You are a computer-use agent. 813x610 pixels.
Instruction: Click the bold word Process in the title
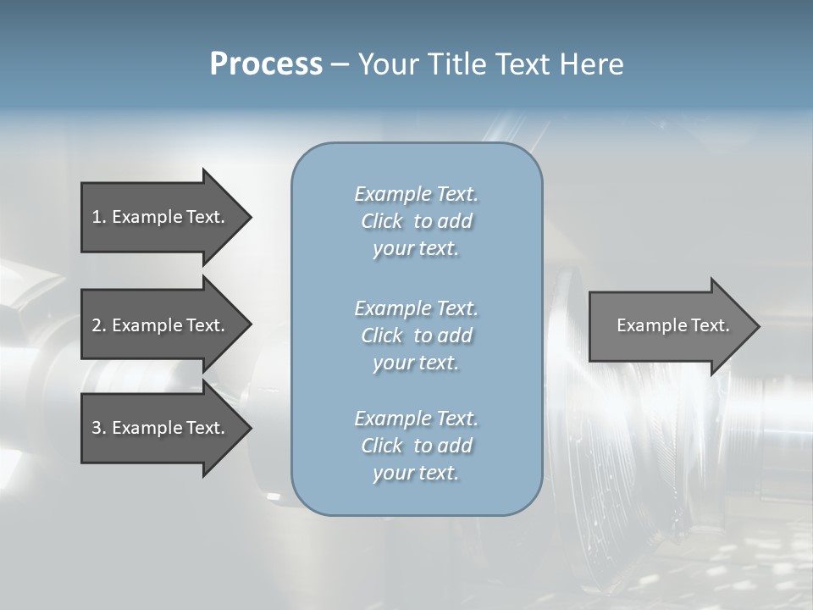pos(266,64)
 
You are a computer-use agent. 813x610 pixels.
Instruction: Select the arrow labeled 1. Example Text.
pos(161,217)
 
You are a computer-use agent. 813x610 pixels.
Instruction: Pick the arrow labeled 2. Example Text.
pos(161,325)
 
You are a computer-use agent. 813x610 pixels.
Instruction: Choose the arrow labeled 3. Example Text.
pos(161,428)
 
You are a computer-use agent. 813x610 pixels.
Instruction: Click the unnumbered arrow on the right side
pos(669,326)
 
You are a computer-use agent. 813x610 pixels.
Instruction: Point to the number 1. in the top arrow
pos(99,217)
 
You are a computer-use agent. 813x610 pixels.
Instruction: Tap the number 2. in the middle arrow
pos(99,325)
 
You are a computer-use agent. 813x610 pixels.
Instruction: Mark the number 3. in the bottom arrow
pos(99,428)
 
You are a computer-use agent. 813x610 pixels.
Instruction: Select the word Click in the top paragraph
pos(382,221)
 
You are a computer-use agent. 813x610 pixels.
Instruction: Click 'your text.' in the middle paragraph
pos(416,363)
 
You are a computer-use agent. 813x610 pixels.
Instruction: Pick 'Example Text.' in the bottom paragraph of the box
pos(416,419)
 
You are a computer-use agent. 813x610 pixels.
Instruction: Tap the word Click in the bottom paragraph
pos(382,446)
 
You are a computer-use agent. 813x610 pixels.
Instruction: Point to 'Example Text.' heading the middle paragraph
pos(416,308)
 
